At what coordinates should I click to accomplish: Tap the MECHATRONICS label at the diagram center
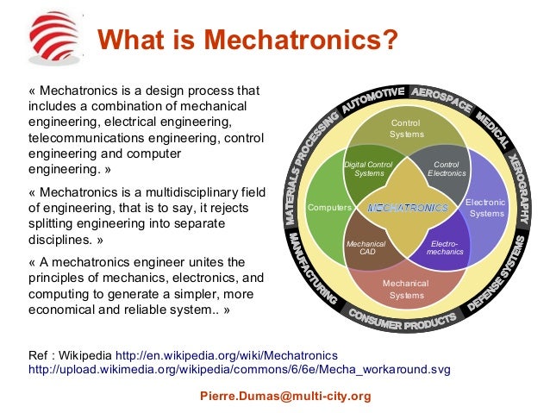pos(408,208)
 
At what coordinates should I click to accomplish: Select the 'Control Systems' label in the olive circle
pos(406,129)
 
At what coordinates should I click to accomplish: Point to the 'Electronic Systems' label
pos(487,208)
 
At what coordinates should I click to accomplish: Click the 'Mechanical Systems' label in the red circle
pos(406,289)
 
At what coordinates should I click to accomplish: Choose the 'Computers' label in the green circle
pos(328,208)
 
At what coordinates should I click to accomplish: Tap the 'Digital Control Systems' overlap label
pos(368,168)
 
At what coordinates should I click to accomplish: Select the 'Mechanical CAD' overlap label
pos(366,248)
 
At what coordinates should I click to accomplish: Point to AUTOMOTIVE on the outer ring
pos(372,100)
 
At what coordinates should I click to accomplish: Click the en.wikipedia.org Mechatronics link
pos(227,355)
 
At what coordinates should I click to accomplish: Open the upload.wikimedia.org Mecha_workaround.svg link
pos(240,369)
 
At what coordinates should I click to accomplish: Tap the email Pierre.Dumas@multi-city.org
pos(284,397)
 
